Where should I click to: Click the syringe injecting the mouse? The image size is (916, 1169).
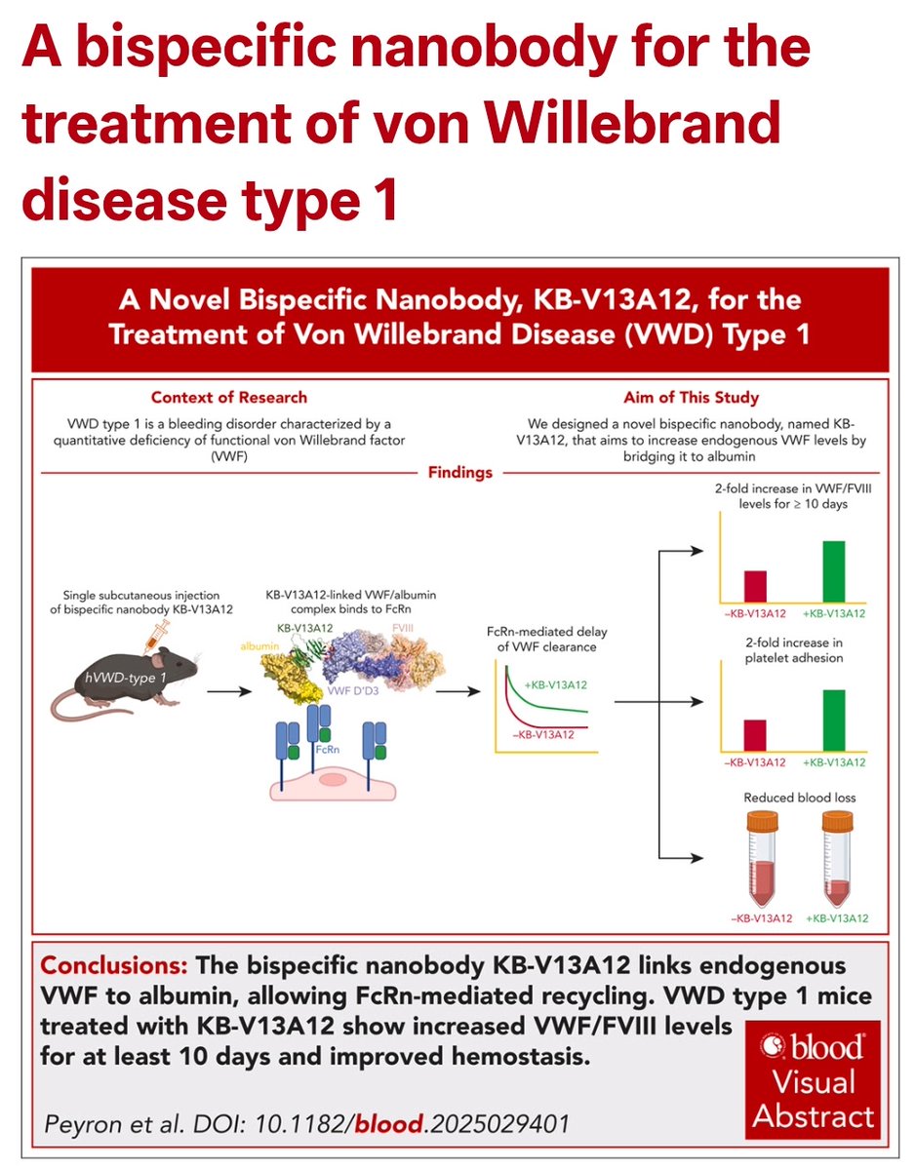[156, 639]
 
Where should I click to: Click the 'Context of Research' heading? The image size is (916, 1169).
[228, 397]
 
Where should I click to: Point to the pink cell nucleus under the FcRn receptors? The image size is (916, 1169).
[332, 779]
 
